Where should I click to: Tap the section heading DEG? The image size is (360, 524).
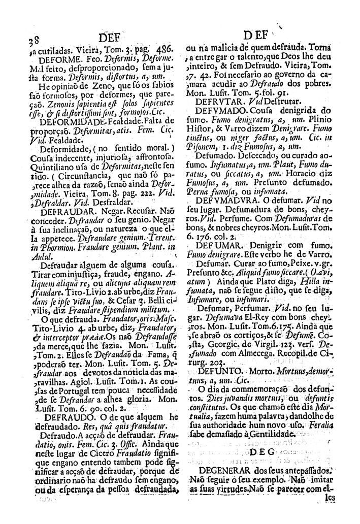tap(261, 451)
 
